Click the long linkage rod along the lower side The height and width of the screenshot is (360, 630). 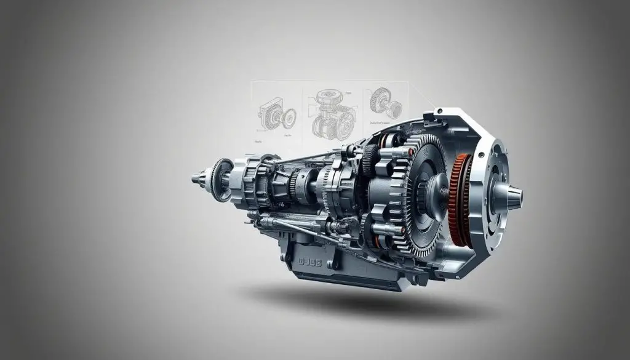point(289,228)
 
